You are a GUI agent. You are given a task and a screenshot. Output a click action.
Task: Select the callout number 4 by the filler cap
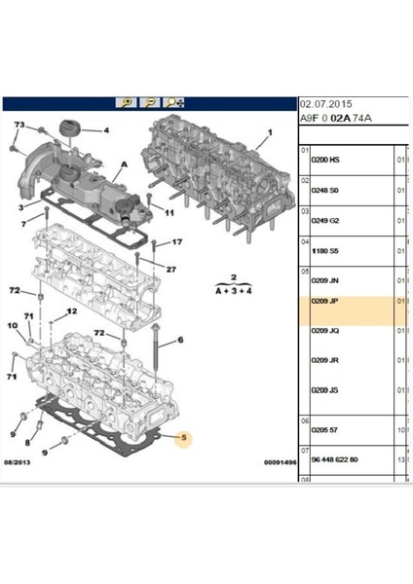click(106, 130)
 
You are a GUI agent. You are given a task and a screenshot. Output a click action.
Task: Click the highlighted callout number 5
click(180, 439)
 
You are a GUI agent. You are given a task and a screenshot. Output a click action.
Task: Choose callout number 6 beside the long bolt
click(180, 342)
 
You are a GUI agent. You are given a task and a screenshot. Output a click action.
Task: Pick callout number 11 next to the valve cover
click(169, 213)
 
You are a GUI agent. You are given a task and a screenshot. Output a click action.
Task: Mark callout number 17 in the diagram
click(176, 242)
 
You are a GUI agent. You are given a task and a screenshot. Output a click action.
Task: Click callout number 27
click(170, 270)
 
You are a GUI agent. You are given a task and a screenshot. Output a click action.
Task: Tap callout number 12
click(71, 311)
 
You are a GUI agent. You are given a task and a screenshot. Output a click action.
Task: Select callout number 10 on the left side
click(12, 327)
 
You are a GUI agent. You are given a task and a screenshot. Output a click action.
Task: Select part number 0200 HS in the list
click(324, 161)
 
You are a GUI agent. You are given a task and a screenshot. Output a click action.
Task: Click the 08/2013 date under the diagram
click(19, 463)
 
